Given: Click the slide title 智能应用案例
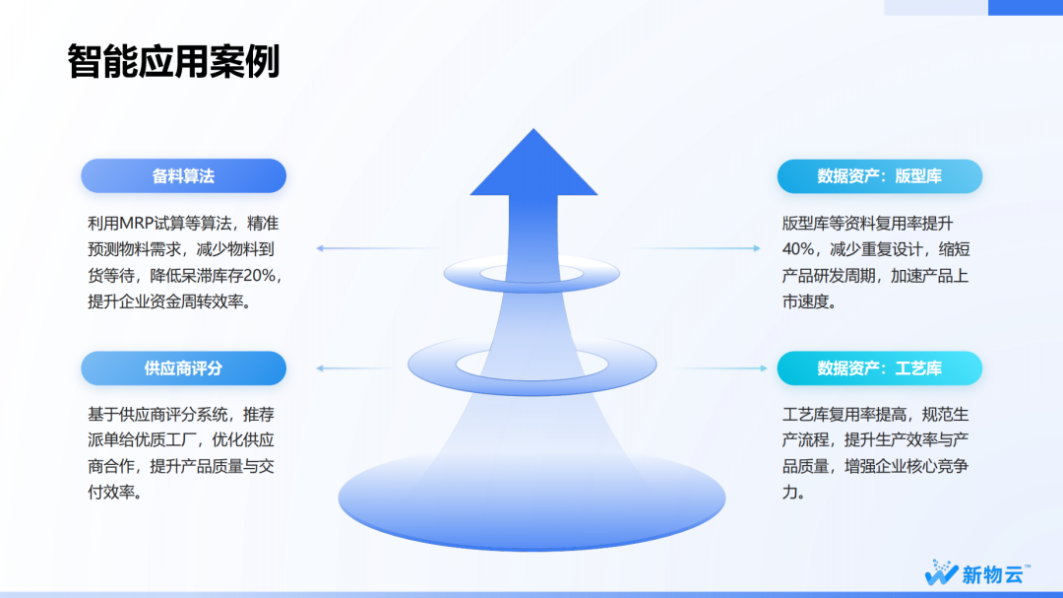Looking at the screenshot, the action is (173, 62).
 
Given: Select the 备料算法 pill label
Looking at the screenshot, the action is (183, 175).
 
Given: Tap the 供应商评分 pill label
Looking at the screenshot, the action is (183, 367).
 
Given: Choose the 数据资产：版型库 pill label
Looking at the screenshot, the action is (879, 175).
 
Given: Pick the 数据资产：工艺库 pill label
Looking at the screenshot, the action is (879, 367).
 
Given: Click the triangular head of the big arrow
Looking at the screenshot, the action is (533, 163).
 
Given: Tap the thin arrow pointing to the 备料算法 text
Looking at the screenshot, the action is (380, 248).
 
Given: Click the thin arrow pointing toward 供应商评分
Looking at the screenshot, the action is (355, 367).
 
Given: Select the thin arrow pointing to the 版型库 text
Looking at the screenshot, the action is (695, 248).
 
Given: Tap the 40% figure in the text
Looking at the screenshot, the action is (798, 250).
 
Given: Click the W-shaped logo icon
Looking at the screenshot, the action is (940, 572).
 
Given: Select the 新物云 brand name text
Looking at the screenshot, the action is (992, 575).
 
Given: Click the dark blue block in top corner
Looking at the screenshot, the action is (1026, 8).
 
